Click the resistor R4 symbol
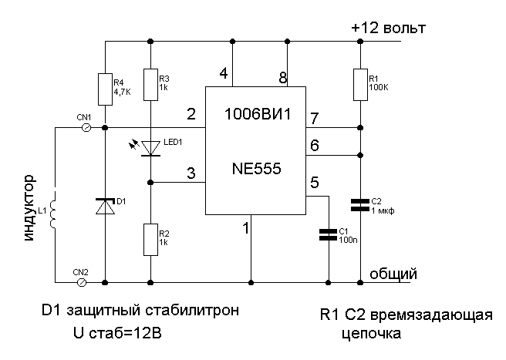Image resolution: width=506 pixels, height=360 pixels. (104, 89)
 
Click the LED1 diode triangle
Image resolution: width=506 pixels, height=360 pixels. (151, 147)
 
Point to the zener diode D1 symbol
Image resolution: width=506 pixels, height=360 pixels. (104, 206)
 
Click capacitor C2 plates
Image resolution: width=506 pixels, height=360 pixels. (360, 205)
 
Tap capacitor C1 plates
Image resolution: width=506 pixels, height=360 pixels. (328, 234)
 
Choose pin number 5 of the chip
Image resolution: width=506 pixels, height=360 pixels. (314, 183)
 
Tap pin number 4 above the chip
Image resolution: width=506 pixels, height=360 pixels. (224, 74)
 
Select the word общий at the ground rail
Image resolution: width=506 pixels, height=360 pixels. (393, 274)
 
